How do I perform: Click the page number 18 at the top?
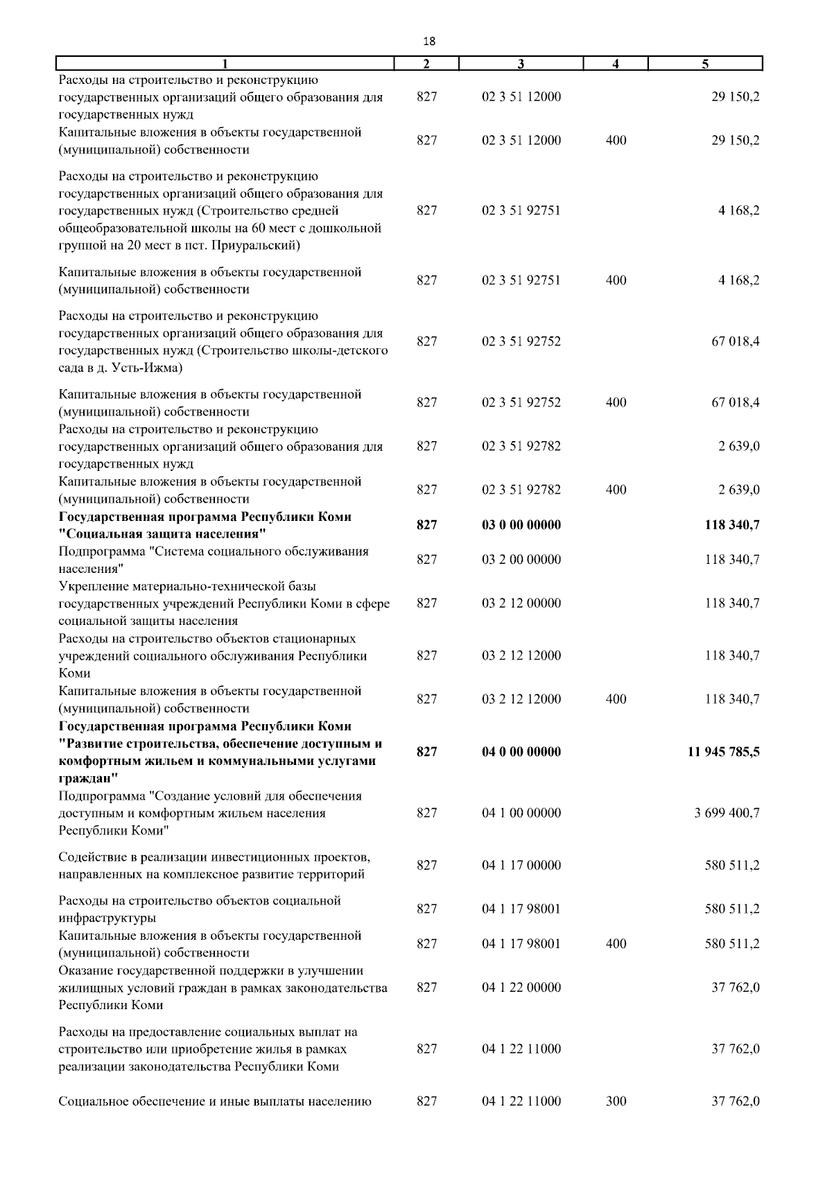pos(428,42)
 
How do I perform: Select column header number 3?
pos(521,64)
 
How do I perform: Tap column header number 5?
pos(704,64)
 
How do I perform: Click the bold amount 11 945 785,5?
pos(723,752)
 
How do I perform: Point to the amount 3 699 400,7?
pos(727,813)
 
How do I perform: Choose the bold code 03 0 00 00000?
pos(521,525)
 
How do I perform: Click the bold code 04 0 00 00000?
pos(521,752)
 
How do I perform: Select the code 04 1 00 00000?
pos(521,813)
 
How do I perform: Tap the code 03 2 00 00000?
pos(521,560)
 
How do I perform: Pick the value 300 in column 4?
pos(616,1101)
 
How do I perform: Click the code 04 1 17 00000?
pos(521,865)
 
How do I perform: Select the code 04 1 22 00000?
pos(521,988)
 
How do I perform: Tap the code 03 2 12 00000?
pos(521,603)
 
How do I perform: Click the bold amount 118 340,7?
pos(731,525)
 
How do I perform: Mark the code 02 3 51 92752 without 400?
pos(521,341)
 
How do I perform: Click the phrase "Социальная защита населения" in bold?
pos(164,534)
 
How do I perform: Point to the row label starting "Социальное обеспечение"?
pos(215,1101)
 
